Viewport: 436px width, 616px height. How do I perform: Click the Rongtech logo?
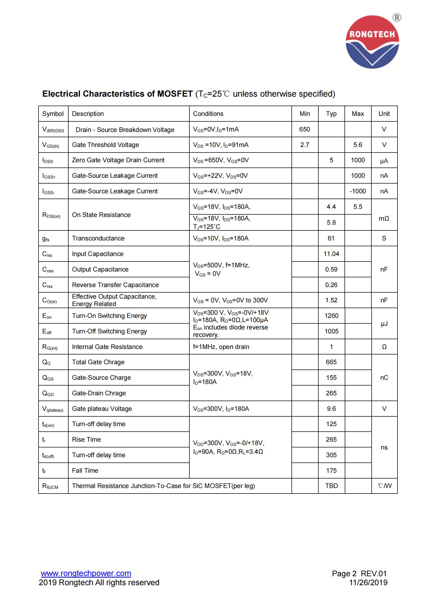pos(372,42)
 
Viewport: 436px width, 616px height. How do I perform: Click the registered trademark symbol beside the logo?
pos(397,18)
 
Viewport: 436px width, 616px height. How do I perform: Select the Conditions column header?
pos(208,114)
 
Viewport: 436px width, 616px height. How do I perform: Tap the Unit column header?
pos(384,114)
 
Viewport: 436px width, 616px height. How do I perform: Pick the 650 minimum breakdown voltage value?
pos(304,129)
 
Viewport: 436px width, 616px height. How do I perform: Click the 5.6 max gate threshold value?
pos(358,145)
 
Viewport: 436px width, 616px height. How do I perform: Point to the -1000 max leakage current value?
pos(358,191)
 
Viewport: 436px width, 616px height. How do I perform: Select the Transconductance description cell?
pos(98,238)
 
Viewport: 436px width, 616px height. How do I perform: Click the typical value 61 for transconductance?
pos(331,238)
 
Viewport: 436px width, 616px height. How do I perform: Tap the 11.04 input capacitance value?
pos(331,254)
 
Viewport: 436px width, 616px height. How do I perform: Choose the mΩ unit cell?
pos(384,219)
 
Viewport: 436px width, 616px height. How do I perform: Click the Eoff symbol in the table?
pos(47,332)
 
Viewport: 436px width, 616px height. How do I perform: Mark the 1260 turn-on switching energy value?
pos(331,316)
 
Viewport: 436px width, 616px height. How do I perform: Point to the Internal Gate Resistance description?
pos(107,347)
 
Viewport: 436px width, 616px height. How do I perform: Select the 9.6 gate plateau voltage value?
pos(331,409)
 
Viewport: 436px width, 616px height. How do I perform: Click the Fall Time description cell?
pos(85,471)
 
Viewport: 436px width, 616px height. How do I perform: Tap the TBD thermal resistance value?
pos(331,486)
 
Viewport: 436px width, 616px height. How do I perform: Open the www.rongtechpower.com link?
pos(86,573)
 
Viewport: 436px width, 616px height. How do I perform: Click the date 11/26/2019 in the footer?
pos(368,583)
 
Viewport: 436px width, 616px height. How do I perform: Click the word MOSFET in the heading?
pos(175,94)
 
